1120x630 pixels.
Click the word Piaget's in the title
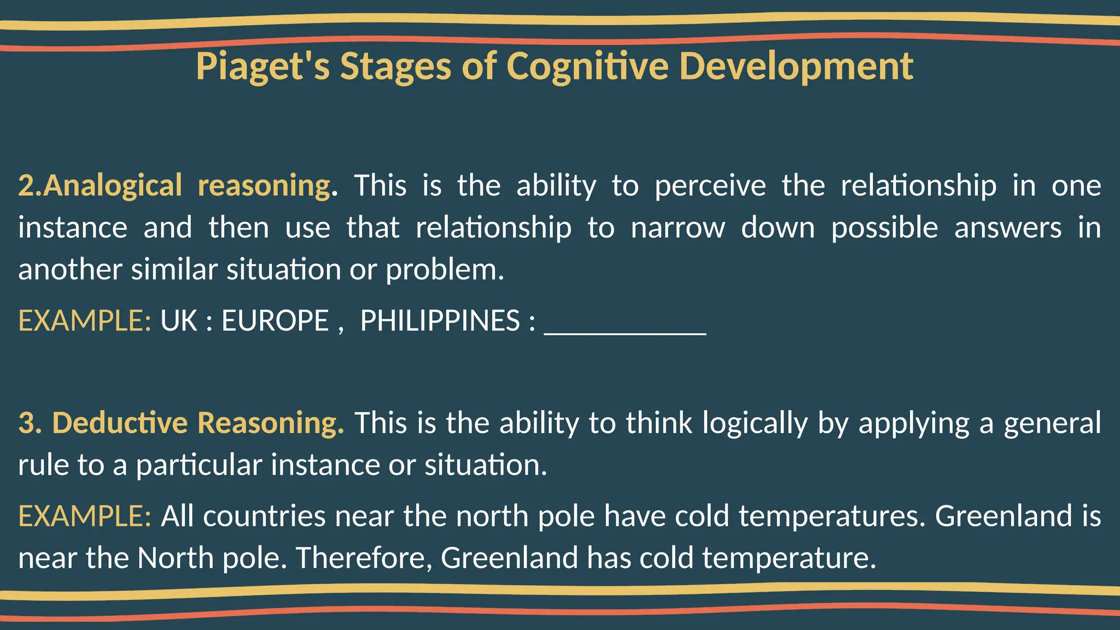(262, 67)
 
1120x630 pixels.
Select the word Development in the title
(796, 67)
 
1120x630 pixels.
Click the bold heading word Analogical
(112, 186)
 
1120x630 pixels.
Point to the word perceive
(710, 186)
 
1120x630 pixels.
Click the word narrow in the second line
(678, 228)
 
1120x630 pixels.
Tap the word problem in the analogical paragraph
(444, 270)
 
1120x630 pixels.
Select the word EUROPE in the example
(275, 321)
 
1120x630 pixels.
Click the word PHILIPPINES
(440, 321)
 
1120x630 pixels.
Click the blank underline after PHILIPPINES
(625, 328)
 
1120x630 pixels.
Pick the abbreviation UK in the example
(179, 321)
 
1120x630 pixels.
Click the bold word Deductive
(120, 423)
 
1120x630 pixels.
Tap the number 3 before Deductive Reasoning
(26, 423)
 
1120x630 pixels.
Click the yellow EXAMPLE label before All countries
(85, 516)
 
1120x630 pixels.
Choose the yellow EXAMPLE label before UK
(85, 321)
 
